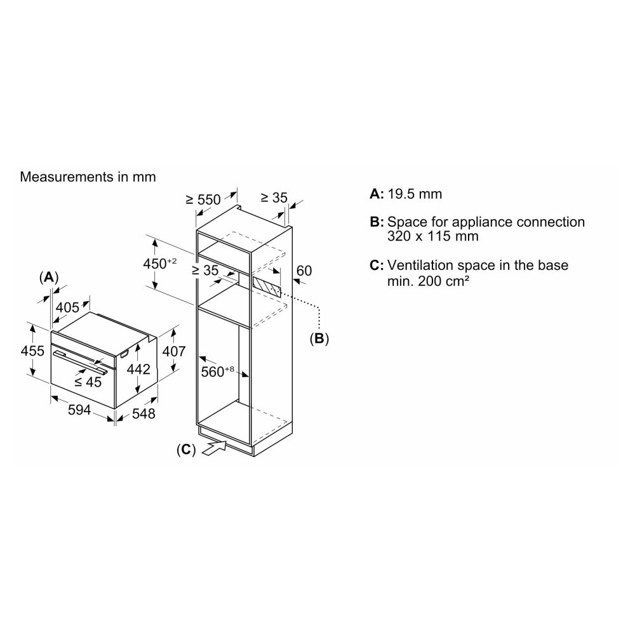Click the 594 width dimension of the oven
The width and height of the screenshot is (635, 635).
(x=79, y=410)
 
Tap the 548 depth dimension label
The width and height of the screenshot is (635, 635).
(x=144, y=413)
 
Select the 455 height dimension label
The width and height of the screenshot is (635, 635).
(x=32, y=351)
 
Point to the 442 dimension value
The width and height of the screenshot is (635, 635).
(x=138, y=369)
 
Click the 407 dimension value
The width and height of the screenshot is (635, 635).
(x=174, y=351)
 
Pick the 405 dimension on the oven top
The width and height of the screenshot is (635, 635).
(x=67, y=307)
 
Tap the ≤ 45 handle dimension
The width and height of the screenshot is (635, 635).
(x=88, y=382)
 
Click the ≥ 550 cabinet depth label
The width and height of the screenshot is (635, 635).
(x=203, y=199)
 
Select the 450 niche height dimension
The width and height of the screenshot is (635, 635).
(x=160, y=264)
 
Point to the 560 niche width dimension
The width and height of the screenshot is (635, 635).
(x=217, y=371)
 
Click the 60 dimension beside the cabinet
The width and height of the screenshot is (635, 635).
(x=304, y=271)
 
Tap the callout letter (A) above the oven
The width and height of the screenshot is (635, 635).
(x=49, y=277)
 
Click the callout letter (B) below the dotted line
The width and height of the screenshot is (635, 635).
(x=319, y=338)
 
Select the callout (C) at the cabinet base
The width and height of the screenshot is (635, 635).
(x=186, y=450)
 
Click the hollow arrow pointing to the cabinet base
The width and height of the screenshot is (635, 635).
(x=214, y=448)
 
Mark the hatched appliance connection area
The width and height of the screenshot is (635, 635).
(x=266, y=287)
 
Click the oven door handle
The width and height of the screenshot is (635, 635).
(x=80, y=362)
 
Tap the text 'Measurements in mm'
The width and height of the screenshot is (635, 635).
(x=88, y=177)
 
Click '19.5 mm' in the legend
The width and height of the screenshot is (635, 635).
(x=415, y=194)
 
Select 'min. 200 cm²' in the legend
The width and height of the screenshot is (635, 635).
(x=428, y=281)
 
